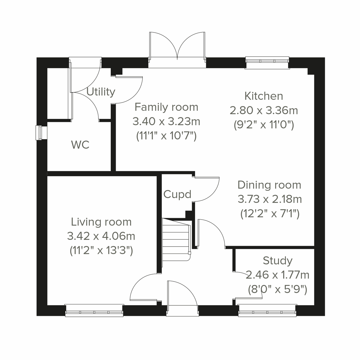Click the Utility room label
coord(101,92)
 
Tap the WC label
coord(80,145)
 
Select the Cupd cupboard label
coord(177,194)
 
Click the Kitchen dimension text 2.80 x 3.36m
coord(264,110)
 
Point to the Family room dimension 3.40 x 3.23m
coord(166,121)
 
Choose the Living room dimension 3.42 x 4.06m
coord(101,236)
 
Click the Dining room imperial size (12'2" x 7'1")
coord(270,214)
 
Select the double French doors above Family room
coord(178,48)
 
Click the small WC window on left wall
coord(40,133)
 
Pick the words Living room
coord(101,222)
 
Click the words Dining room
coord(269,185)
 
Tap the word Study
coord(277,261)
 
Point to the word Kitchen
coord(264,96)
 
